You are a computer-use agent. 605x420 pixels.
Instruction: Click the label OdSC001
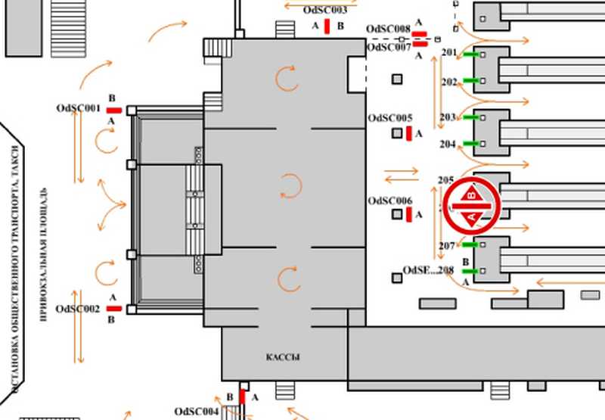(78, 108)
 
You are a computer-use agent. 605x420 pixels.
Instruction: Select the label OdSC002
(78, 309)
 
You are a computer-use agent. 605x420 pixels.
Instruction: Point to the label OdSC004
(197, 412)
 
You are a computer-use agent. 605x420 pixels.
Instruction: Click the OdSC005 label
(390, 118)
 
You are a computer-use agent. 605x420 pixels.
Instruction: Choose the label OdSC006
(390, 201)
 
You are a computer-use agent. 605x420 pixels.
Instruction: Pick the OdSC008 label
(388, 29)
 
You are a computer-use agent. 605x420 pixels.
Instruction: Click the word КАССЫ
(283, 357)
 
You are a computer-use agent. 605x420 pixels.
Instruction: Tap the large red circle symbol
(471, 205)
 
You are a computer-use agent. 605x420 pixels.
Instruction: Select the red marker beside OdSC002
(113, 309)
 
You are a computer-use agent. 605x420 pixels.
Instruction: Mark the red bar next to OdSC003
(327, 26)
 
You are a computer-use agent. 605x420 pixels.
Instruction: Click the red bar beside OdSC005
(409, 134)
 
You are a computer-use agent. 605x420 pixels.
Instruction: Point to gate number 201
(449, 53)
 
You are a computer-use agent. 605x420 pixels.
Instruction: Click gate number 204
(448, 144)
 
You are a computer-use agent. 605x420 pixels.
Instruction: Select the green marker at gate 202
(471, 80)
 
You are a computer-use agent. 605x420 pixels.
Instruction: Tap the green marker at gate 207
(470, 245)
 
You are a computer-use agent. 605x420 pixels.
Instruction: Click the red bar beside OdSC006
(409, 216)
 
